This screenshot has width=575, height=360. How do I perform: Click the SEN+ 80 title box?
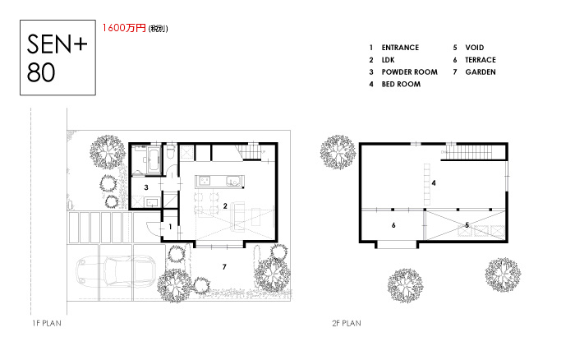click(x=57, y=58)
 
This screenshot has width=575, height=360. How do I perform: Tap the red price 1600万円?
click(x=124, y=28)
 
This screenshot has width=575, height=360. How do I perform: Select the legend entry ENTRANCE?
click(x=400, y=48)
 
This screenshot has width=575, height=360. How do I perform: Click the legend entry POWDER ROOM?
click(x=409, y=72)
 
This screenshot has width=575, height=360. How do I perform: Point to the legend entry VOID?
click(x=475, y=48)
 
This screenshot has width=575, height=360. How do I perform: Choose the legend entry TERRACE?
click(x=481, y=60)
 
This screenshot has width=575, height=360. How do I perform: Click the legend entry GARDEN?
click(x=481, y=72)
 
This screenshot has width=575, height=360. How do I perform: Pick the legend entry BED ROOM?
click(x=401, y=84)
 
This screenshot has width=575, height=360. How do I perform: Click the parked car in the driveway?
click(x=117, y=272)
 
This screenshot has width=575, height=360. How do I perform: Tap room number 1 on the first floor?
click(x=170, y=227)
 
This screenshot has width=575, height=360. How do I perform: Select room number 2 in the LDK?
click(x=225, y=206)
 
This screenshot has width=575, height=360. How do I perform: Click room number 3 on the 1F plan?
click(x=146, y=187)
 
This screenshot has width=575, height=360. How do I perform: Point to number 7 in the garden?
click(x=224, y=267)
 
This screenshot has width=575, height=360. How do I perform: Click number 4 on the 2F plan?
click(x=434, y=182)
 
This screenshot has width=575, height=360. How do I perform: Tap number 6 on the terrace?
click(x=393, y=225)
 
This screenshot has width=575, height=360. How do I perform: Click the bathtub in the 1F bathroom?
click(x=154, y=160)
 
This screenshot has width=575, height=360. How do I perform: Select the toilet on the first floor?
click(x=170, y=151)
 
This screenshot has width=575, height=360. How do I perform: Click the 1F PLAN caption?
click(x=47, y=323)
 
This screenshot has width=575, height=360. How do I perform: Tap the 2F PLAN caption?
click(x=347, y=323)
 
